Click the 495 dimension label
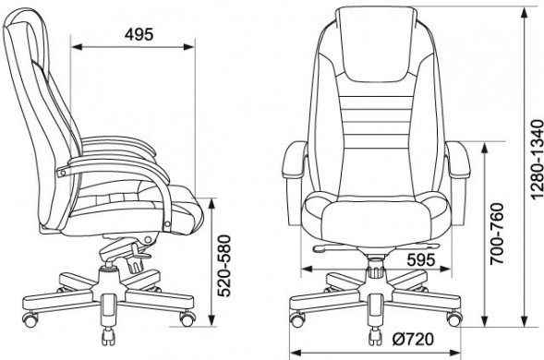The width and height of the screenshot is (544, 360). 139,34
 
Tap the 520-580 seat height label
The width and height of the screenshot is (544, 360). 224,266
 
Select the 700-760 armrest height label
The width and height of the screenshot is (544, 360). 497,234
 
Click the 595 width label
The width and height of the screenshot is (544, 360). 421,259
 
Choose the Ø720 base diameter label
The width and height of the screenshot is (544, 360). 413,340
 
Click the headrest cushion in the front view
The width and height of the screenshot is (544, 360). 375,44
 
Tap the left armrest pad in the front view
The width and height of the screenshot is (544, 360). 295,160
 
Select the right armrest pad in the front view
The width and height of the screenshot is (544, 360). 458,160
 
